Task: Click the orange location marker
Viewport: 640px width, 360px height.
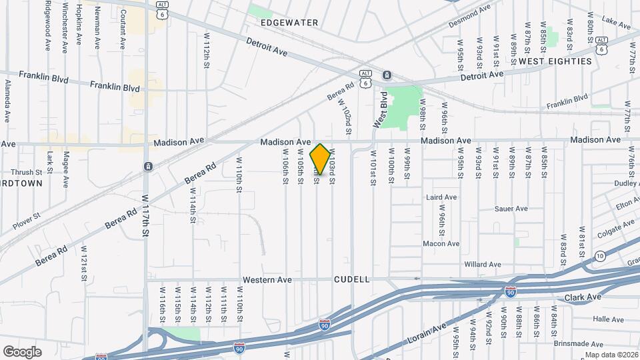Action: (320, 159)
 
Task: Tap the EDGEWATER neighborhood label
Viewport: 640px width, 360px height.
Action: (289, 23)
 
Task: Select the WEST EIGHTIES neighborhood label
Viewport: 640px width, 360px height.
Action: (555, 61)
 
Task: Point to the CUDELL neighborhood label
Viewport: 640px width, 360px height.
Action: (351, 280)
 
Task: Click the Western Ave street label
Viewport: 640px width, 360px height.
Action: (267, 280)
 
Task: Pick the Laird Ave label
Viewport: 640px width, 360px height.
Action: (441, 197)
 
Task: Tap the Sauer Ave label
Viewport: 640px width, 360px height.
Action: (511, 209)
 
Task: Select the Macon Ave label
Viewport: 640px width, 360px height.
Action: (441, 244)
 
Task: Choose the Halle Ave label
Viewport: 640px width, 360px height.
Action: (589, 319)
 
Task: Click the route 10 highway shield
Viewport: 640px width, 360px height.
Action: (600, 256)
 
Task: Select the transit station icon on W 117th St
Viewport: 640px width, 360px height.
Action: (148, 166)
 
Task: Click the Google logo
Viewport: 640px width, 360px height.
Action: (22, 351)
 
